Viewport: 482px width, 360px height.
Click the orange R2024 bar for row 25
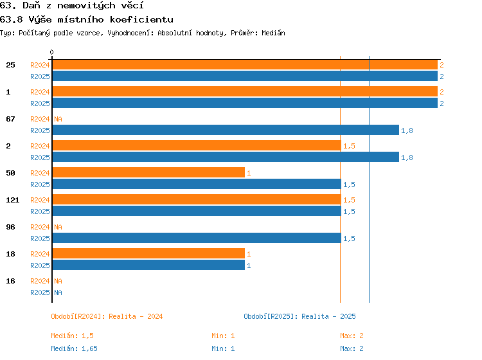tap(245, 65)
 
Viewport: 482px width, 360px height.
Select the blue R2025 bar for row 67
tap(226, 130)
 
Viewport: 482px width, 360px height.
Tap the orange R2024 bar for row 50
tap(149, 172)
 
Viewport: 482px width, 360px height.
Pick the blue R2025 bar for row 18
tap(149, 265)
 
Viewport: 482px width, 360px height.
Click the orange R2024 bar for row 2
tap(197, 145)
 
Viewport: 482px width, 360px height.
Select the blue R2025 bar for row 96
tap(197, 238)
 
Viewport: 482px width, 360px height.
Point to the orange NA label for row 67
tap(58, 119)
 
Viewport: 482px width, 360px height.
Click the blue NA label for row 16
tap(58, 292)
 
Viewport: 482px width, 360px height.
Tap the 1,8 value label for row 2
tap(407, 157)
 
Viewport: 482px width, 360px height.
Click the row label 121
tap(13, 200)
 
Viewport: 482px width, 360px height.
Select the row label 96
tap(10, 227)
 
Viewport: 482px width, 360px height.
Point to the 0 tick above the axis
tap(51, 52)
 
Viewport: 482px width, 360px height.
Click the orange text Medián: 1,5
tap(72, 336)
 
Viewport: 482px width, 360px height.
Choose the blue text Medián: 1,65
tap(74, 348)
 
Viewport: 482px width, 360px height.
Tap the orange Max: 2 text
tap(352, 336)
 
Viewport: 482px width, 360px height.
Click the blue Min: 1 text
tap(223, 348)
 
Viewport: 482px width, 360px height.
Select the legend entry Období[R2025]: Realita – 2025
tap(299, 316)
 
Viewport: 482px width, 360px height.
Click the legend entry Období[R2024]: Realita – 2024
tap(107, 316)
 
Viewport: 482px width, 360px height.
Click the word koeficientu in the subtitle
tap(141, 20)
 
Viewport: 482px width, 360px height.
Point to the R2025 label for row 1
tap(40, 104)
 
